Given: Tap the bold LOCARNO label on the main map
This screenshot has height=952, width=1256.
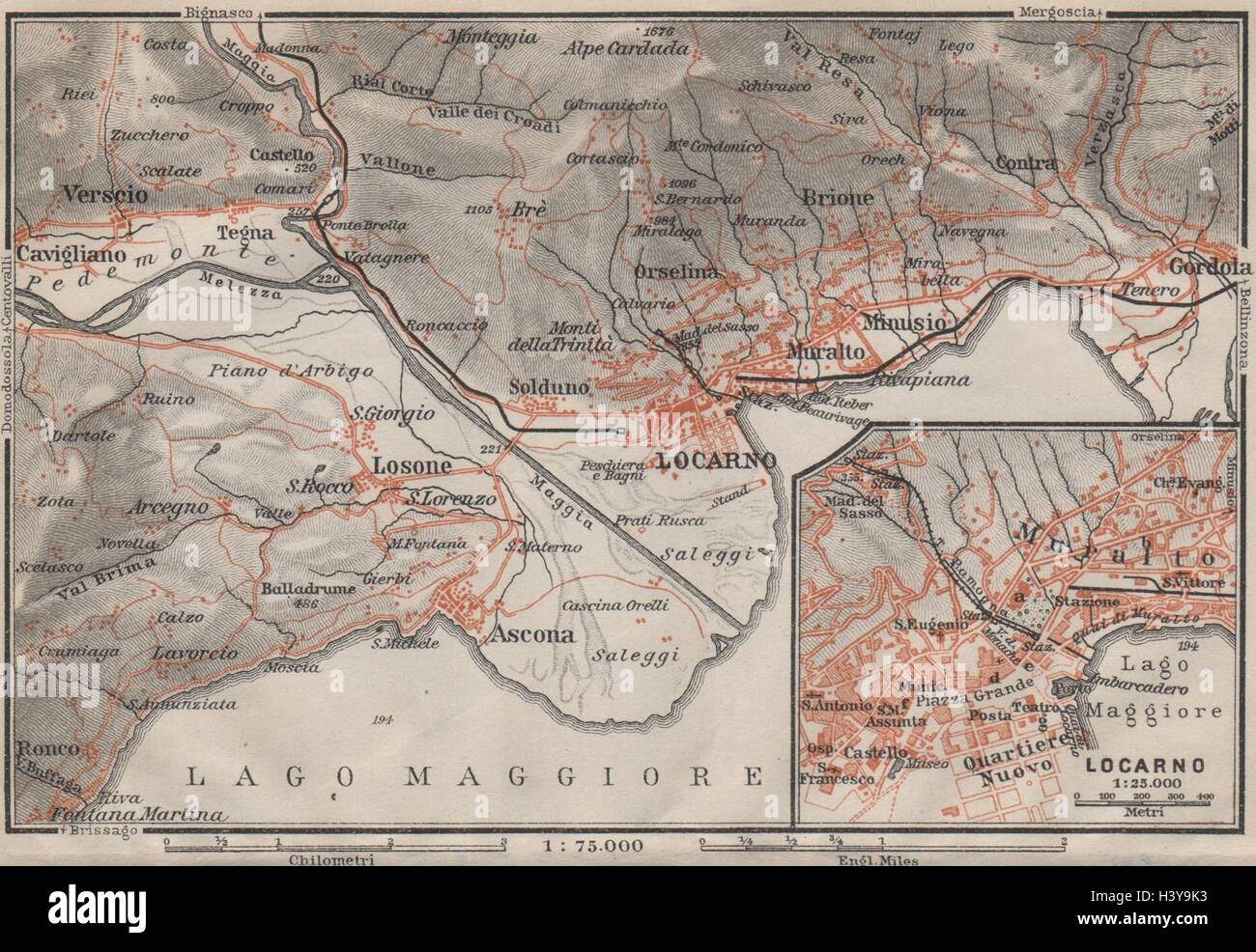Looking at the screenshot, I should [x=714, y=460].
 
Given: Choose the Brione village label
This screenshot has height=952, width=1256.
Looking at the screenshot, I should [x=837, y=197].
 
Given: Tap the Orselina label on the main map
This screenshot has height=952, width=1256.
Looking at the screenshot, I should [x=677, y=272].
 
